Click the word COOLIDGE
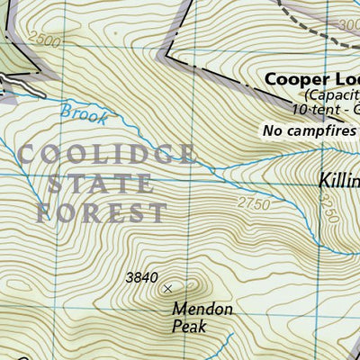(106, 154)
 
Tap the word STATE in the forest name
(99, 184)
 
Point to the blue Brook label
(84, 113)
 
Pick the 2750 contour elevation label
(255, 204)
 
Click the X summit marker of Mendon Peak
(167, 288)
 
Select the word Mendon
(202, 309)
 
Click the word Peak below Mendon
(190, 327)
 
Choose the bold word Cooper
(296, 78)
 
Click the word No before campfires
(272, 130)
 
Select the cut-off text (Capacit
(331, 94)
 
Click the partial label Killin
(338, 181)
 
